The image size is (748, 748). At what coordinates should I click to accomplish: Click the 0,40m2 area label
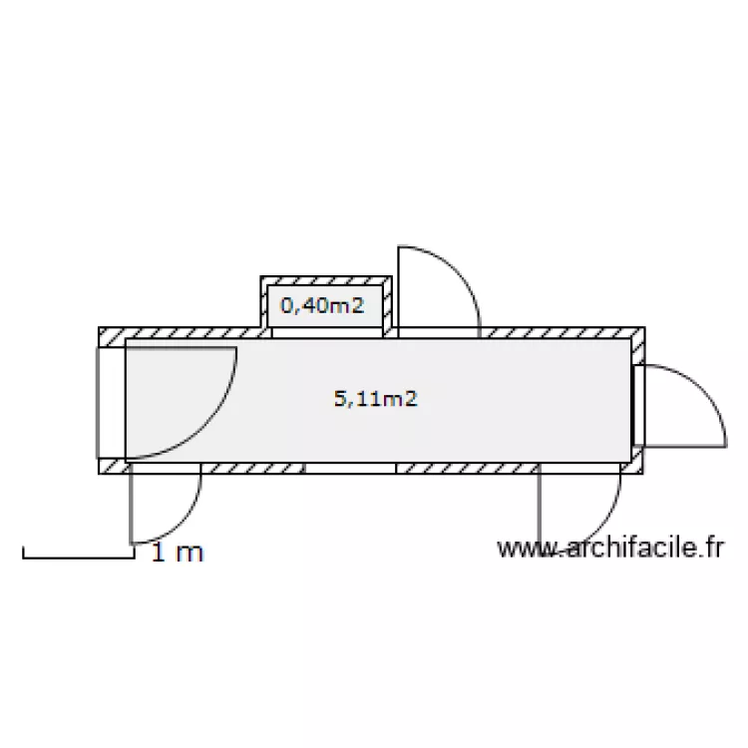[x=322, y=305]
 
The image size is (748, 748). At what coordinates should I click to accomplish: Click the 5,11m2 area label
[x=375, y=398]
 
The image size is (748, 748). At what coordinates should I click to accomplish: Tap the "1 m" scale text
[x=177, y=552]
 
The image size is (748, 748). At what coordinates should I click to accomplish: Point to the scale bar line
[x=79, y=557]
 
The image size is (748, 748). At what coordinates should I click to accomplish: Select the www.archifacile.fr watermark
[x=610, y=548]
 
